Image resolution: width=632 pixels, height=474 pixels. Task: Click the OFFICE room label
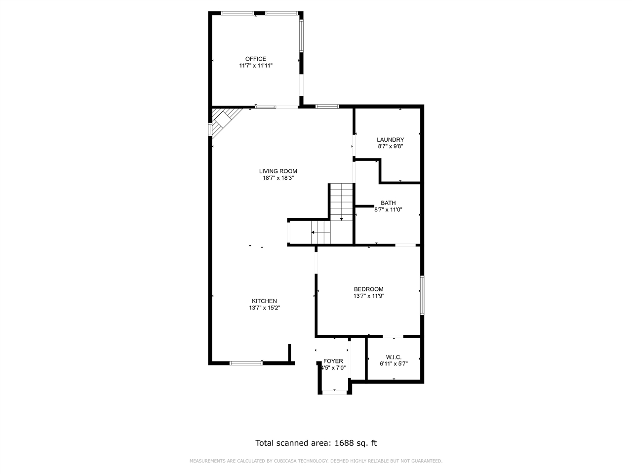[255, 59]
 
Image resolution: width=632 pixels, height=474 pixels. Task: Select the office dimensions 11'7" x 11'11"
[256, 65]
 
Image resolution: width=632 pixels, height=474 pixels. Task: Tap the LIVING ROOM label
[278, 171]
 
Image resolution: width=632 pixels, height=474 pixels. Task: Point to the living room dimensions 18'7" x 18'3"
[278, 178]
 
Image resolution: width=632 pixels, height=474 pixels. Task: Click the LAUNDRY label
[390, 140]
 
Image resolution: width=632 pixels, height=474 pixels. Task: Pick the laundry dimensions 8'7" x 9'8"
[391, 146]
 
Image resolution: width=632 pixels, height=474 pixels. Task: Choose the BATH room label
[388, 203]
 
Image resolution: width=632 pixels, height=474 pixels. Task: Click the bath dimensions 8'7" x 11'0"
[389, 209]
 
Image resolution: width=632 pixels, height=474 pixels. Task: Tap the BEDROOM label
[368, 289]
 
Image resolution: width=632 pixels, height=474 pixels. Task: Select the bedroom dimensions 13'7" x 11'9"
[369, 296]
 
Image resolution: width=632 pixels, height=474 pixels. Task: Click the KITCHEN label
[265, 301]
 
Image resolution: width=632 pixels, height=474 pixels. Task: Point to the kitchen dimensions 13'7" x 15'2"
[265, 308]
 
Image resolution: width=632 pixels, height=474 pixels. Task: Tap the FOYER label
[333, 361]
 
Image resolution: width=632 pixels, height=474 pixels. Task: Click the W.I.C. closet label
[394, 357]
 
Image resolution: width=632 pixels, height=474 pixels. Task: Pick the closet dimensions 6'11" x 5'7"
[394, 364]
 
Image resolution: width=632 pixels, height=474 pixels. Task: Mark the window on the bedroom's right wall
[422, 295]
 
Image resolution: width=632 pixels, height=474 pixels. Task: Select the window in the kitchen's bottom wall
[246, 363]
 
